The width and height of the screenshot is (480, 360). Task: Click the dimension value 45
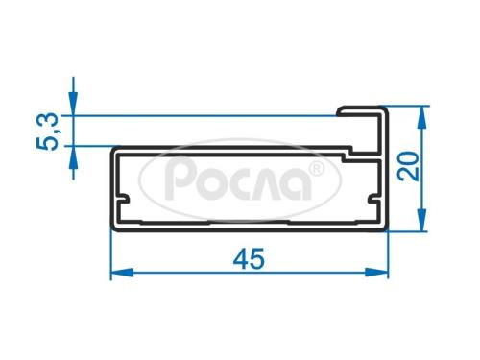coord(249,258)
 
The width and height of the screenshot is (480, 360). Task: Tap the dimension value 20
coord(408,166)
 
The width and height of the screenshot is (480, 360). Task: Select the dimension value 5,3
coord(48,132)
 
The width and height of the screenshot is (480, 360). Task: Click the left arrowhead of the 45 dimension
coord(122,273)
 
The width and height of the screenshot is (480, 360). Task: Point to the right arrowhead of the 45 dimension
coord(376,273)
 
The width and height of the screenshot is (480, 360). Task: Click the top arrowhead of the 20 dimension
coord(422,117)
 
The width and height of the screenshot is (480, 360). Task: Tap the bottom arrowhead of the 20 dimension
coord(422,220)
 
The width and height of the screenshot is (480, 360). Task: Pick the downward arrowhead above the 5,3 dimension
coord(73,104)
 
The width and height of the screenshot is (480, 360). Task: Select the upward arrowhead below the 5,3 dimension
coord(73,157)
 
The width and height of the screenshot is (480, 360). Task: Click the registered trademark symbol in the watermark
coord(317,169)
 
